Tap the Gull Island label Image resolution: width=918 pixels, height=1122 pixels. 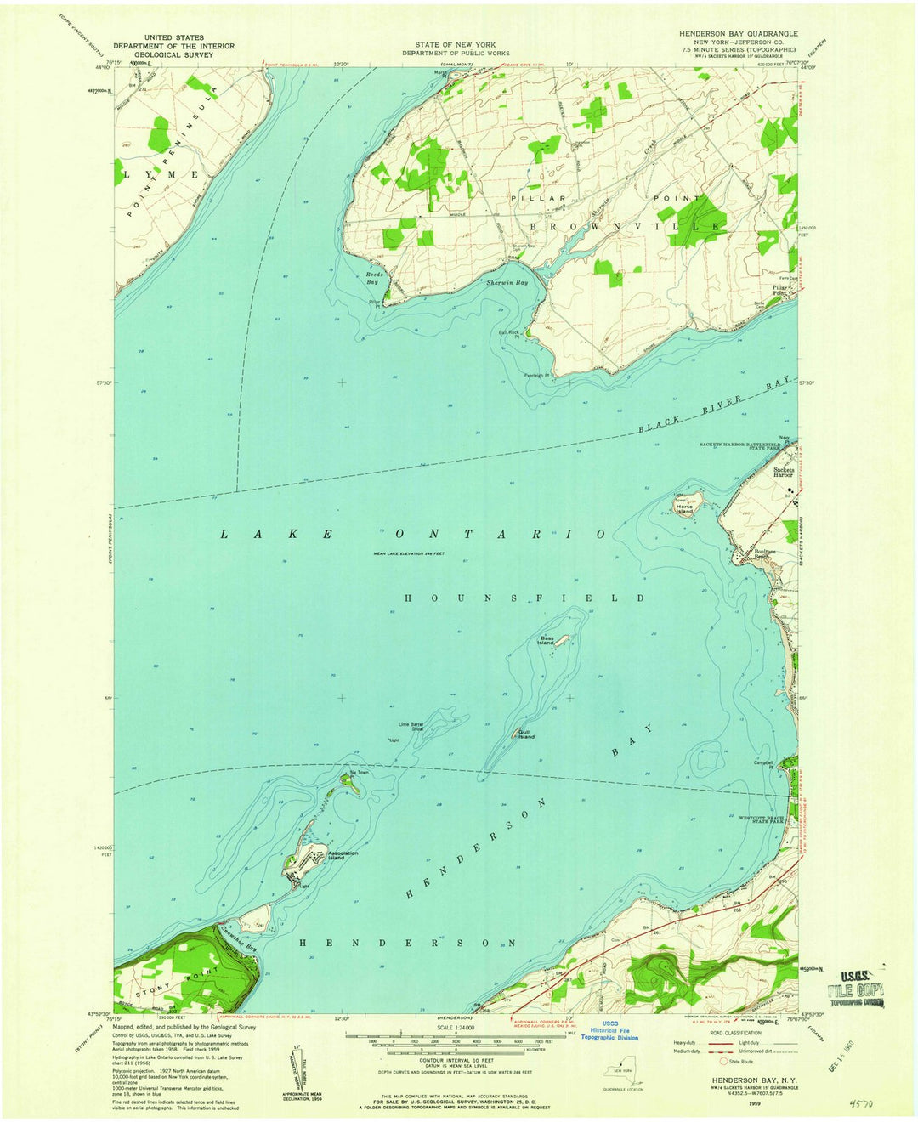coord(527,734)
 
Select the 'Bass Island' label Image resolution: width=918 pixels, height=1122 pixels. coord(545,640)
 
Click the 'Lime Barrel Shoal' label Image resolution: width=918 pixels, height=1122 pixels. coord(411,727)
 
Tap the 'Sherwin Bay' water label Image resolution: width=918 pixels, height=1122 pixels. coord(507,282)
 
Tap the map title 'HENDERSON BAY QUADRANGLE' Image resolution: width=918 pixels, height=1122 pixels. coord(738,33)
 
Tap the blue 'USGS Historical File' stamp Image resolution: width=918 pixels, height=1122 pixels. coord(609,1030)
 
